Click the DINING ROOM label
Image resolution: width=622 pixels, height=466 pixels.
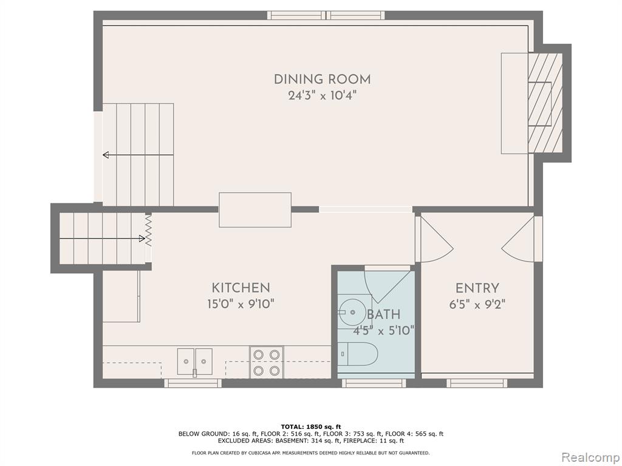click(322, 79)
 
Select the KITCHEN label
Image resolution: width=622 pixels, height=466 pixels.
click(241, 288)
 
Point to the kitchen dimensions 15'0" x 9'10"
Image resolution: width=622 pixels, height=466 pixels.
click(241, 304)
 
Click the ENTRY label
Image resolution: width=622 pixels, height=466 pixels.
click(477, 288)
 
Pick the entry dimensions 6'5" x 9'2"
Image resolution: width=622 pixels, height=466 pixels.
click(477, 305)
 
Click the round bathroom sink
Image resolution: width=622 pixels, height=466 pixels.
click(352, 312)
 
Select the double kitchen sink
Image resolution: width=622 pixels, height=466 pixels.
click(194, 362)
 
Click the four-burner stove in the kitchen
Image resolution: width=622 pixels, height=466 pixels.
click(266, 362)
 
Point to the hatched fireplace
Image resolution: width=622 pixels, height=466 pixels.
click(545, 103)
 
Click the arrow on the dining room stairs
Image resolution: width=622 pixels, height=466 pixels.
click(138, 155)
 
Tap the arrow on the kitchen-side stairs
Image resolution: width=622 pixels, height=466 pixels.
click(102, 238)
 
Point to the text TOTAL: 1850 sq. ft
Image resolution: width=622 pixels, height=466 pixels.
click(310, 427)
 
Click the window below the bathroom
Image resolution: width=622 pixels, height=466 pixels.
click(374, 383)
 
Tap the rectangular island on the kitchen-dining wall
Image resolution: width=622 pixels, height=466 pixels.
click(255, 210)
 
